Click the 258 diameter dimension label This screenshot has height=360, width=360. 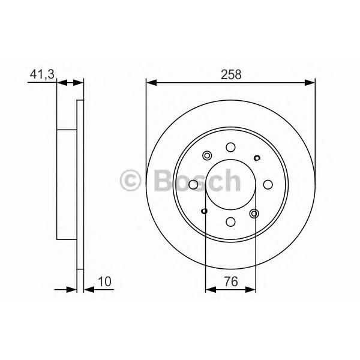(x=231, y=74)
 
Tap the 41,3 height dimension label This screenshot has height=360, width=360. (x=42, y=74)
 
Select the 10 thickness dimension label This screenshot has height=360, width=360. (x=104, y=281)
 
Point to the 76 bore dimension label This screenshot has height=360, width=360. (x=231, y=281)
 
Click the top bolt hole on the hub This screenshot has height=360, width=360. (x=230, y=147)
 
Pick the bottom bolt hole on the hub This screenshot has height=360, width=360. (x=230, y=221)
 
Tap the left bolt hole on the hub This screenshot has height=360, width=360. (x=193, y=184)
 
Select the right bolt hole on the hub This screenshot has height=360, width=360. (x=268, y=184)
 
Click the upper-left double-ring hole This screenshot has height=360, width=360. (x=207, y=155)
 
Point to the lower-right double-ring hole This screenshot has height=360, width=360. (x=254, y=214)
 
